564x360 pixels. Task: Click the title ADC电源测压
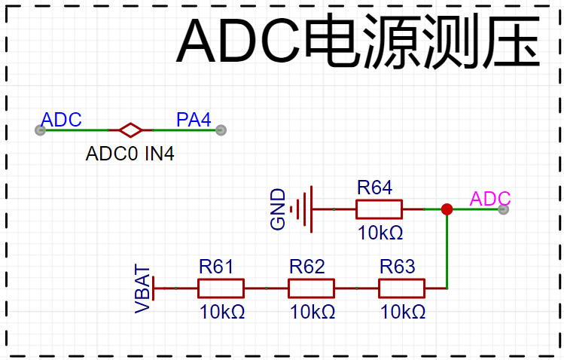(358, 43)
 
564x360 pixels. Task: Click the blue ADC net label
(61, 120)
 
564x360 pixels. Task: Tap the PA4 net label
(194, 120)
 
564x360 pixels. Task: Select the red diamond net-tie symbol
(131, 130)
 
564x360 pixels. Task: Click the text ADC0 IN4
(130, 154)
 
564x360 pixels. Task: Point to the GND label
(278, 209)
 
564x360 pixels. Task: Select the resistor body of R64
(379, 209)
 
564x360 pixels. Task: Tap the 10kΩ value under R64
(381, 233)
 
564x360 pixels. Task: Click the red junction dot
(447, 209)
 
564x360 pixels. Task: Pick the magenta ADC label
(490, 200)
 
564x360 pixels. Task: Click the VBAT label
(143, 288)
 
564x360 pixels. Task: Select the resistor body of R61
(221, 288)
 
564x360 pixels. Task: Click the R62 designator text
(306, 267)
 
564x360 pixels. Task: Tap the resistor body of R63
(401, 288)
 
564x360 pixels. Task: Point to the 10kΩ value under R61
(222, 312)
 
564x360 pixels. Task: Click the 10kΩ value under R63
(403, 312)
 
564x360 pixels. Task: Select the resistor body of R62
(311, 288)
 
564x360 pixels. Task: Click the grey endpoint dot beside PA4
(221, 130)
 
